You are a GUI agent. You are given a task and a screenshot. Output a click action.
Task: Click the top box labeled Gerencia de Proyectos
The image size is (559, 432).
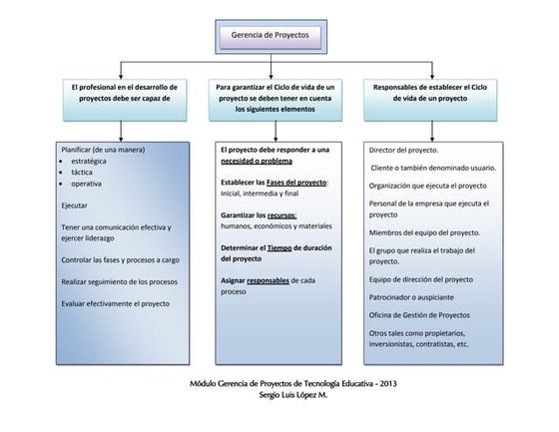click(270, 36)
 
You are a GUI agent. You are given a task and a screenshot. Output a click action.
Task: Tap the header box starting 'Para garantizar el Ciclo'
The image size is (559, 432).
click(277, 98)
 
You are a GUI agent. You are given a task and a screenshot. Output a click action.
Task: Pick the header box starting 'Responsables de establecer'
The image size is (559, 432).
click(430, 94)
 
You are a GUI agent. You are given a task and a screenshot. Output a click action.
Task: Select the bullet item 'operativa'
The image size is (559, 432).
click(87, 185)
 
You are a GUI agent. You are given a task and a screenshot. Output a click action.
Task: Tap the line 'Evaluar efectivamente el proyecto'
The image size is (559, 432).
click(116, 302)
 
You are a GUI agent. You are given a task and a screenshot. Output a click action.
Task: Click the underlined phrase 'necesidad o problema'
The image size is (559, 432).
click(257, 160)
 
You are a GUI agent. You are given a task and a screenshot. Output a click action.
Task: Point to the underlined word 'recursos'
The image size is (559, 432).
click(287, 215)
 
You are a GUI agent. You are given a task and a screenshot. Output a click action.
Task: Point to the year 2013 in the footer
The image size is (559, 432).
click(384, 383)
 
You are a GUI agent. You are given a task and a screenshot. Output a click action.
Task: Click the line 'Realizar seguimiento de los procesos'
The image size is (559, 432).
click(120, 281)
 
